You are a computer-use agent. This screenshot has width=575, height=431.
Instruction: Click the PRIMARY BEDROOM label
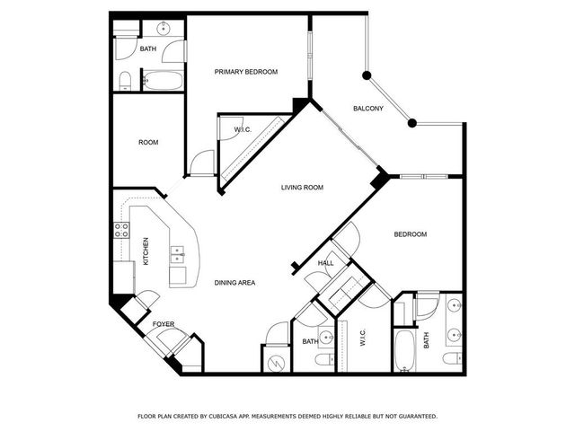point(245,72)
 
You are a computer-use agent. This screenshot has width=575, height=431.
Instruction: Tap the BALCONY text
point(367,109)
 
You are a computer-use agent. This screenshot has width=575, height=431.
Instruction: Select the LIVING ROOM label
point(302,188)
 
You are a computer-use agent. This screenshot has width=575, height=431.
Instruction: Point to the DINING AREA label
point(234,283)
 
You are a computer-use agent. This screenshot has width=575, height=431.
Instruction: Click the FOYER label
point(163,324)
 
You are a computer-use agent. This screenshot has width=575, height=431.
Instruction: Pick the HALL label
point(325,263)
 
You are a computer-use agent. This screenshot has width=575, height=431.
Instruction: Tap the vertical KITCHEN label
point(145,251)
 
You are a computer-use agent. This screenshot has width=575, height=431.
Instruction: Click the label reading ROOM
point(148,142)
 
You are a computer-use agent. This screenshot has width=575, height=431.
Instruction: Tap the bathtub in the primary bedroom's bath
point(164,82)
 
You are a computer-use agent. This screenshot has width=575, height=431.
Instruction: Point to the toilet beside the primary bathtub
point(126,82)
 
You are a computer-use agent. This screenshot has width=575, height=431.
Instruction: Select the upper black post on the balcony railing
point(366,75)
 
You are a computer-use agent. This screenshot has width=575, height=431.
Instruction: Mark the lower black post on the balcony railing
point(411,122)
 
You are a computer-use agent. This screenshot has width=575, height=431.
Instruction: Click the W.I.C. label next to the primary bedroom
point(243,130)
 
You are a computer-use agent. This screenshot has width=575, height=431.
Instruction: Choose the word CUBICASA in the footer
point(230,417)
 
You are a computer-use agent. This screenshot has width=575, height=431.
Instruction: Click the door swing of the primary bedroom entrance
point(203,163)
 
